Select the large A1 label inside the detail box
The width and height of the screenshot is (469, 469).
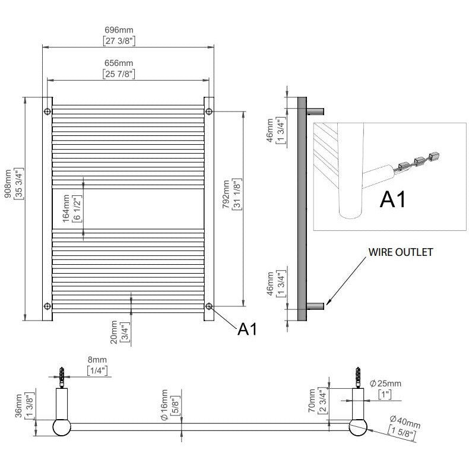pyautogui.click(x=393, y=199)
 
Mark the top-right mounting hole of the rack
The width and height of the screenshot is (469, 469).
pyautogui.click(x=208, y=112)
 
